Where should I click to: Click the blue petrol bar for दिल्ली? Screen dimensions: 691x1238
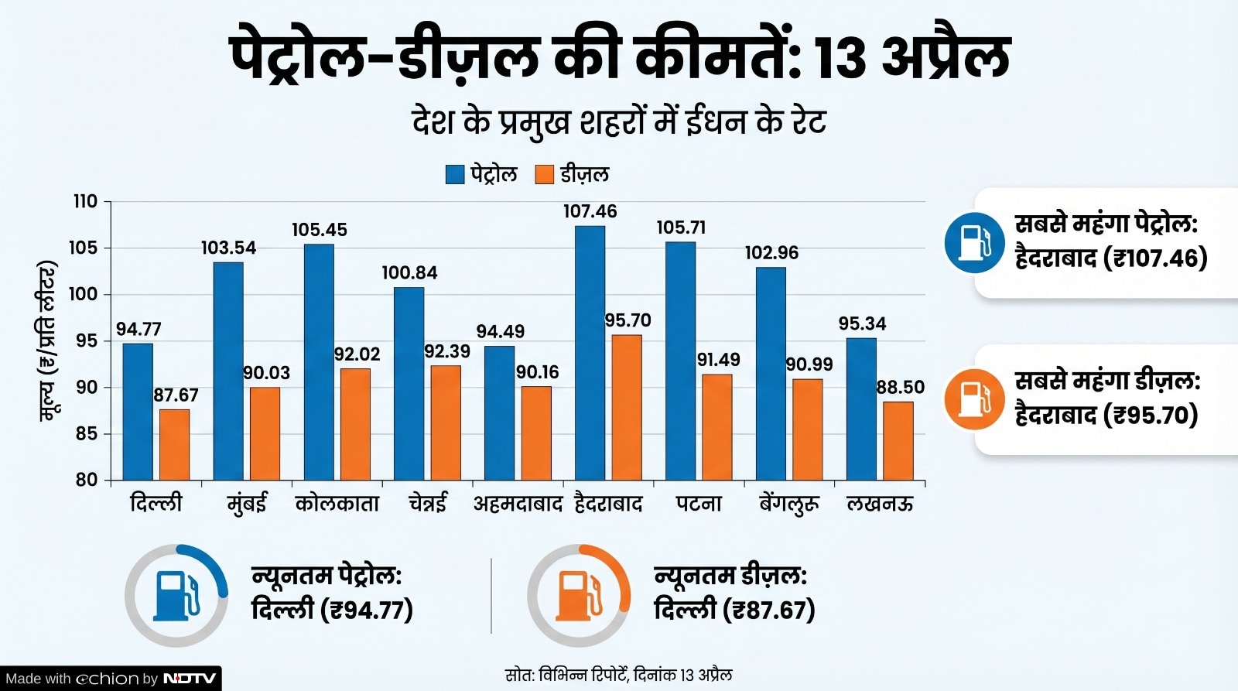coord(138,412)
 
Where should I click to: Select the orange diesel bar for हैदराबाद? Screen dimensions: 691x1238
coord(627,407)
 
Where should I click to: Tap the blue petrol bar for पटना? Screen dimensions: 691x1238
coord(680,361)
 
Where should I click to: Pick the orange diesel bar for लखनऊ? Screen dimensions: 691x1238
coord(898,440)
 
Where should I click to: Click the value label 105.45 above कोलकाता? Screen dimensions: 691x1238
coord(319,230)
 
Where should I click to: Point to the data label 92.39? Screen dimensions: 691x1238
coord(446,351)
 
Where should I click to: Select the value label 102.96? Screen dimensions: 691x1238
coord(771,253)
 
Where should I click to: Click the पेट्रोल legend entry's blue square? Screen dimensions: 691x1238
coord(455,174)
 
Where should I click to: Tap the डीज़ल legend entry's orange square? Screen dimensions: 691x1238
coord(545,174)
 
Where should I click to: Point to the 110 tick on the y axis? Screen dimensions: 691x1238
coord(85,202)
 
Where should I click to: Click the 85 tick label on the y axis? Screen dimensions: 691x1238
coord(87,434)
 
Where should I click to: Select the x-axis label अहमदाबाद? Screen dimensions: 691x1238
coord(518,505)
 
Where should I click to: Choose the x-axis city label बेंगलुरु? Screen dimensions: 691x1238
coord(788,505)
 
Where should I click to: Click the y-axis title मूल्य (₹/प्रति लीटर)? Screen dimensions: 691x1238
coord(48,340)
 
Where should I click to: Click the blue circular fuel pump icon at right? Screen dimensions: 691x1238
coord(974,242)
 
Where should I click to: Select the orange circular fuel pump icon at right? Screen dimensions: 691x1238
coord(974,399)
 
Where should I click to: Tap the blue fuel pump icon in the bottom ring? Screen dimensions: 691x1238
coord(176,596)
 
